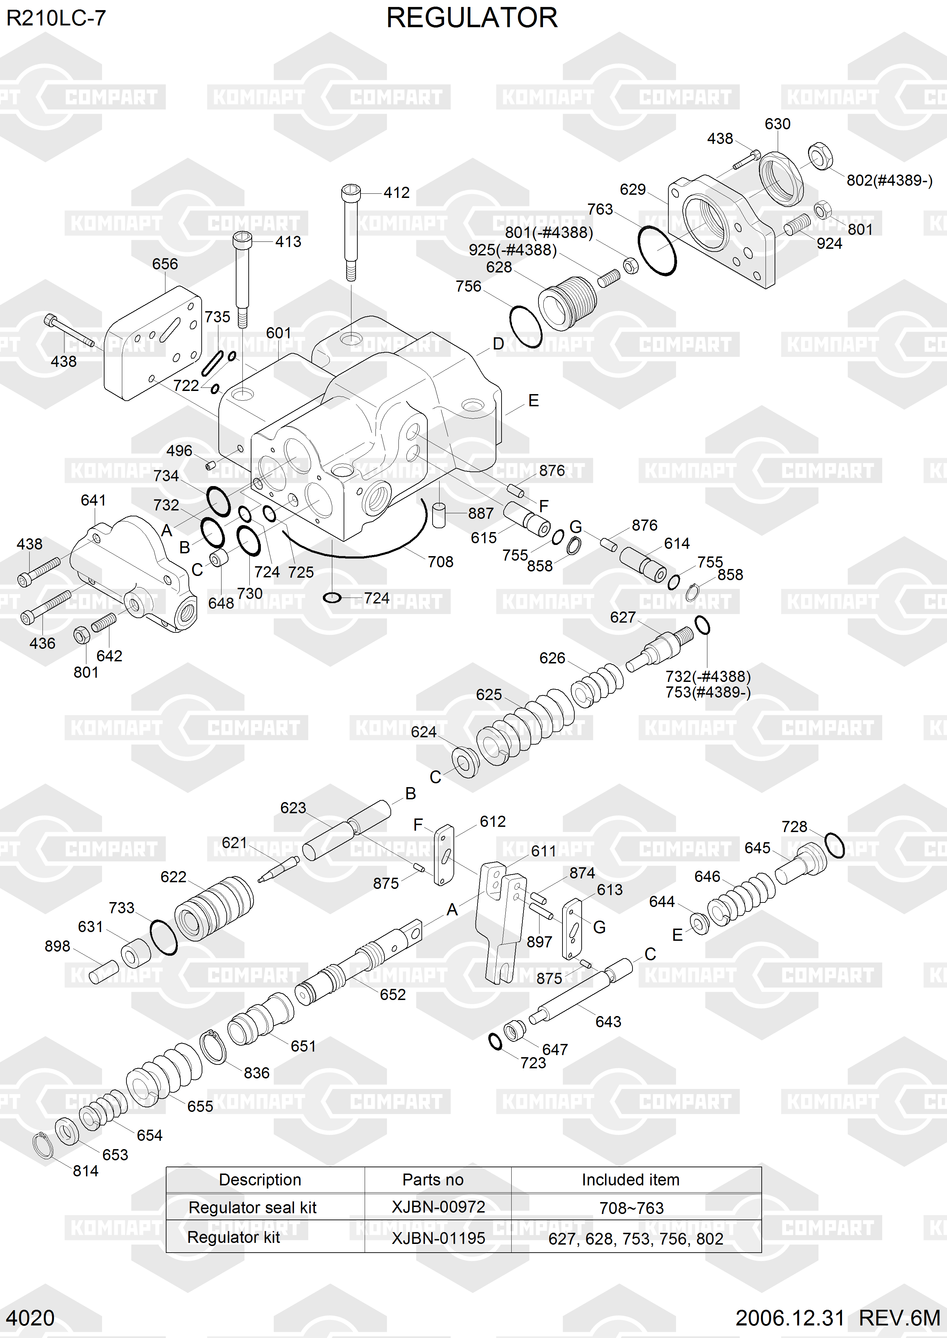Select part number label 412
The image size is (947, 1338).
pyautogui.click(x=396, y=192)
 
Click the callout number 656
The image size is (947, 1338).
pyautogui.click(x=165, y=264)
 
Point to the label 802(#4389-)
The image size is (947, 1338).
pyautogui.click(x=889, y=180)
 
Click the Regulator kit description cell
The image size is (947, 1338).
pyautogui.click(x=233, y=1237)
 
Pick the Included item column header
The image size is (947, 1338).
pyautogui.click(x=630, y=1179)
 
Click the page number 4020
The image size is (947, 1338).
pyautogui.click(x=30, y=1317)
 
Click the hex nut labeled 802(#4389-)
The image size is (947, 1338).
pyautogui.click(x=821, y=156)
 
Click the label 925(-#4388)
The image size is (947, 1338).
pyautogui.click(x=513, y=249)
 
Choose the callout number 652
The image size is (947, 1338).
pyautogui.click(x=393, y=994)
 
